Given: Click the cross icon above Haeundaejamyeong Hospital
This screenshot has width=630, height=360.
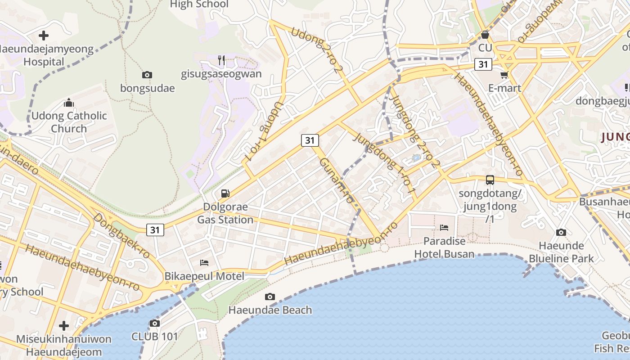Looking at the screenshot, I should pos(44,35).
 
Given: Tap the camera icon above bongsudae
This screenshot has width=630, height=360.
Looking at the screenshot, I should pos(147,75).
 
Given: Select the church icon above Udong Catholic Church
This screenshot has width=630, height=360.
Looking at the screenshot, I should pos(69,103).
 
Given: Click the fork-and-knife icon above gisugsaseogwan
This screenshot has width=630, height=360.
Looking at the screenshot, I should pos(221,60).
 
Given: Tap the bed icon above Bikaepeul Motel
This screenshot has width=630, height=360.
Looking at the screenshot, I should pos(204,262).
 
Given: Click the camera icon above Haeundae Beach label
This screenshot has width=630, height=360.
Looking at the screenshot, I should pos(270,297).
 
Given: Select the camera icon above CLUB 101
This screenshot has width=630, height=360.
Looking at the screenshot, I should pos(154,323).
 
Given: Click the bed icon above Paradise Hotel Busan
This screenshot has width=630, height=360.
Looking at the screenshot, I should pos(444,228).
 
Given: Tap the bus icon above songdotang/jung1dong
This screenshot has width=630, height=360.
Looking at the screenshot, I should pos(490,180).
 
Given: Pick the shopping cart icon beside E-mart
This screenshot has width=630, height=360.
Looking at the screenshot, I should pos(504,75).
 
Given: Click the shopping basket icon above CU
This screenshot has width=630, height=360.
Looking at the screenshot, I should pos(485,35).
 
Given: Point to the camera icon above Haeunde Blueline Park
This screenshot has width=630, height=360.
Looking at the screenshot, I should pos(561,232).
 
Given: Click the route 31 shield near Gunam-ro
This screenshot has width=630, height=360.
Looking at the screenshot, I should pos(310,140).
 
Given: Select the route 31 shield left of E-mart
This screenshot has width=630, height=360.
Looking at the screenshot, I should pos(483,64).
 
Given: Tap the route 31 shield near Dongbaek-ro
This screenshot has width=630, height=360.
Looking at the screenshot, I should pos(155,230).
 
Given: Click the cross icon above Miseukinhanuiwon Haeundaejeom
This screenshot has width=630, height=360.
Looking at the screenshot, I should pos(64,325).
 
